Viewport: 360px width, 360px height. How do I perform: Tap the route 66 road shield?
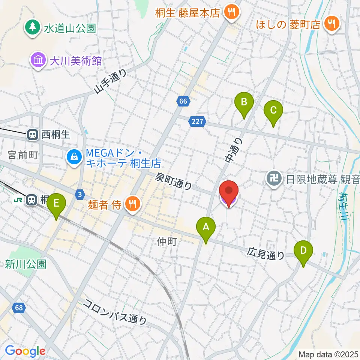(183, 101)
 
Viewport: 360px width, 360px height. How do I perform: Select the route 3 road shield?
(79, 194)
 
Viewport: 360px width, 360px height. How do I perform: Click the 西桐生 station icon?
(32, 135)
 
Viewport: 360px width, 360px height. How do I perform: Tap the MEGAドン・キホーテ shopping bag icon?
(74, 156)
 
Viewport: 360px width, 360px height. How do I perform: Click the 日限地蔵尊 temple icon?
(274, 178)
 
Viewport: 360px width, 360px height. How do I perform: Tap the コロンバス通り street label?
(115, 311)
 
